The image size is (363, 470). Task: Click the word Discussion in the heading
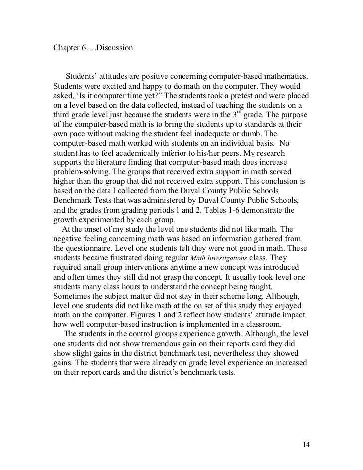(114, 48)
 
